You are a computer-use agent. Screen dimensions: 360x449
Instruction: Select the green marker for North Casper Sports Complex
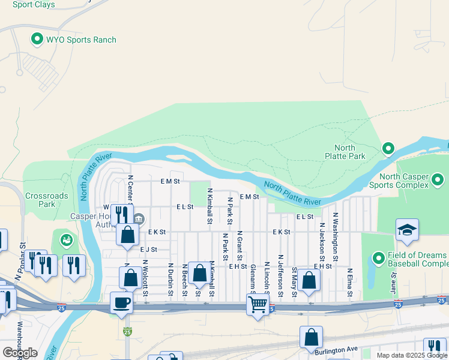[439, 179]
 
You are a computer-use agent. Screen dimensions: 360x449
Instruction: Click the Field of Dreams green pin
[378, 258]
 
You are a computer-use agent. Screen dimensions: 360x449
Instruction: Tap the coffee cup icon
[122, 302]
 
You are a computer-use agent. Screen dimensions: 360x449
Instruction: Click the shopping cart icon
[258, 305]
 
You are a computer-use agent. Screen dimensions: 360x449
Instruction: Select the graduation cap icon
[407, 230]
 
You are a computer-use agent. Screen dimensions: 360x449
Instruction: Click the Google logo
[20, 353]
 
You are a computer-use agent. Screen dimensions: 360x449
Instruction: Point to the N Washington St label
[336, 231]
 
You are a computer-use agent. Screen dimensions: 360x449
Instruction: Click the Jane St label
[394, 283]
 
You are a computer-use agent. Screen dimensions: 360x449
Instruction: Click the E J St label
[148, 249]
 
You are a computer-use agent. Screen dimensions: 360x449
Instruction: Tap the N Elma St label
[349, 283]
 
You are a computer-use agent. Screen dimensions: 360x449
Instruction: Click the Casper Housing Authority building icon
[139, 217]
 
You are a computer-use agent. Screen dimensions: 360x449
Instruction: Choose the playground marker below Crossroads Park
[65, 241]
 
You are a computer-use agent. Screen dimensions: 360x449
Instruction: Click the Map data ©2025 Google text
[411, 355]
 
